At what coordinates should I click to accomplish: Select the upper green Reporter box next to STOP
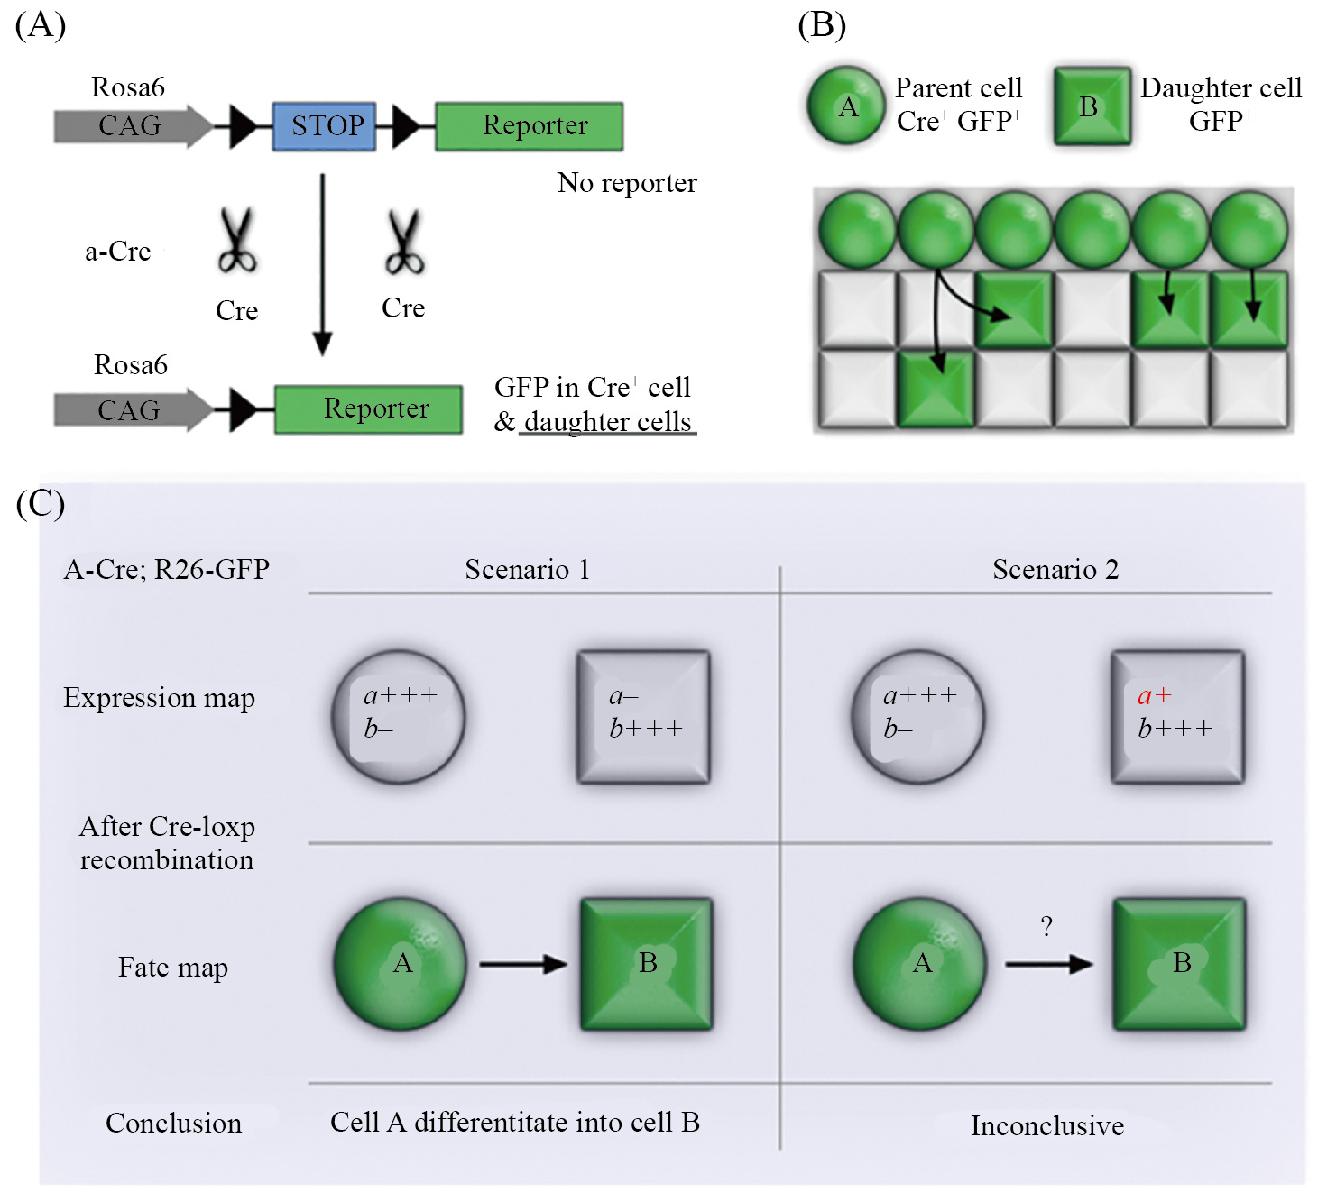(530, 125)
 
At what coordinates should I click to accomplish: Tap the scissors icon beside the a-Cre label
(237, 241)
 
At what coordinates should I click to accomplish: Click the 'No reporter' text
(627, 183)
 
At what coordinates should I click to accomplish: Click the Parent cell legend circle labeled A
(846, 106)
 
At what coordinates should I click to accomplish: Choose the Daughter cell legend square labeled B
(1092, 106)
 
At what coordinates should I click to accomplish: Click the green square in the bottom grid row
(936, 389)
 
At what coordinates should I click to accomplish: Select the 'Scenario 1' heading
(528, 570)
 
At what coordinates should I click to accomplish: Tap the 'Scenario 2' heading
(1055, 570)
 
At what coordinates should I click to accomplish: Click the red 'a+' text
(1154, 695)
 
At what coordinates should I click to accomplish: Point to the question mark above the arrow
(1046, 926)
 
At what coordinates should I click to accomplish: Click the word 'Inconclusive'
(1047, 1125)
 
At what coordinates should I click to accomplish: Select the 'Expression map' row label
(160, 698)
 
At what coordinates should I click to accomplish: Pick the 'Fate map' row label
(173, 968)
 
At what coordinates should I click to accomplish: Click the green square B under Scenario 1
(646, 964)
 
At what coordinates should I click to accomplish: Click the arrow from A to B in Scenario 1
(522, 964)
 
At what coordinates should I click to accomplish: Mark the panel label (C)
(41, 503)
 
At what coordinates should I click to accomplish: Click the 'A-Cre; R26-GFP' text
(167, 570)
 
